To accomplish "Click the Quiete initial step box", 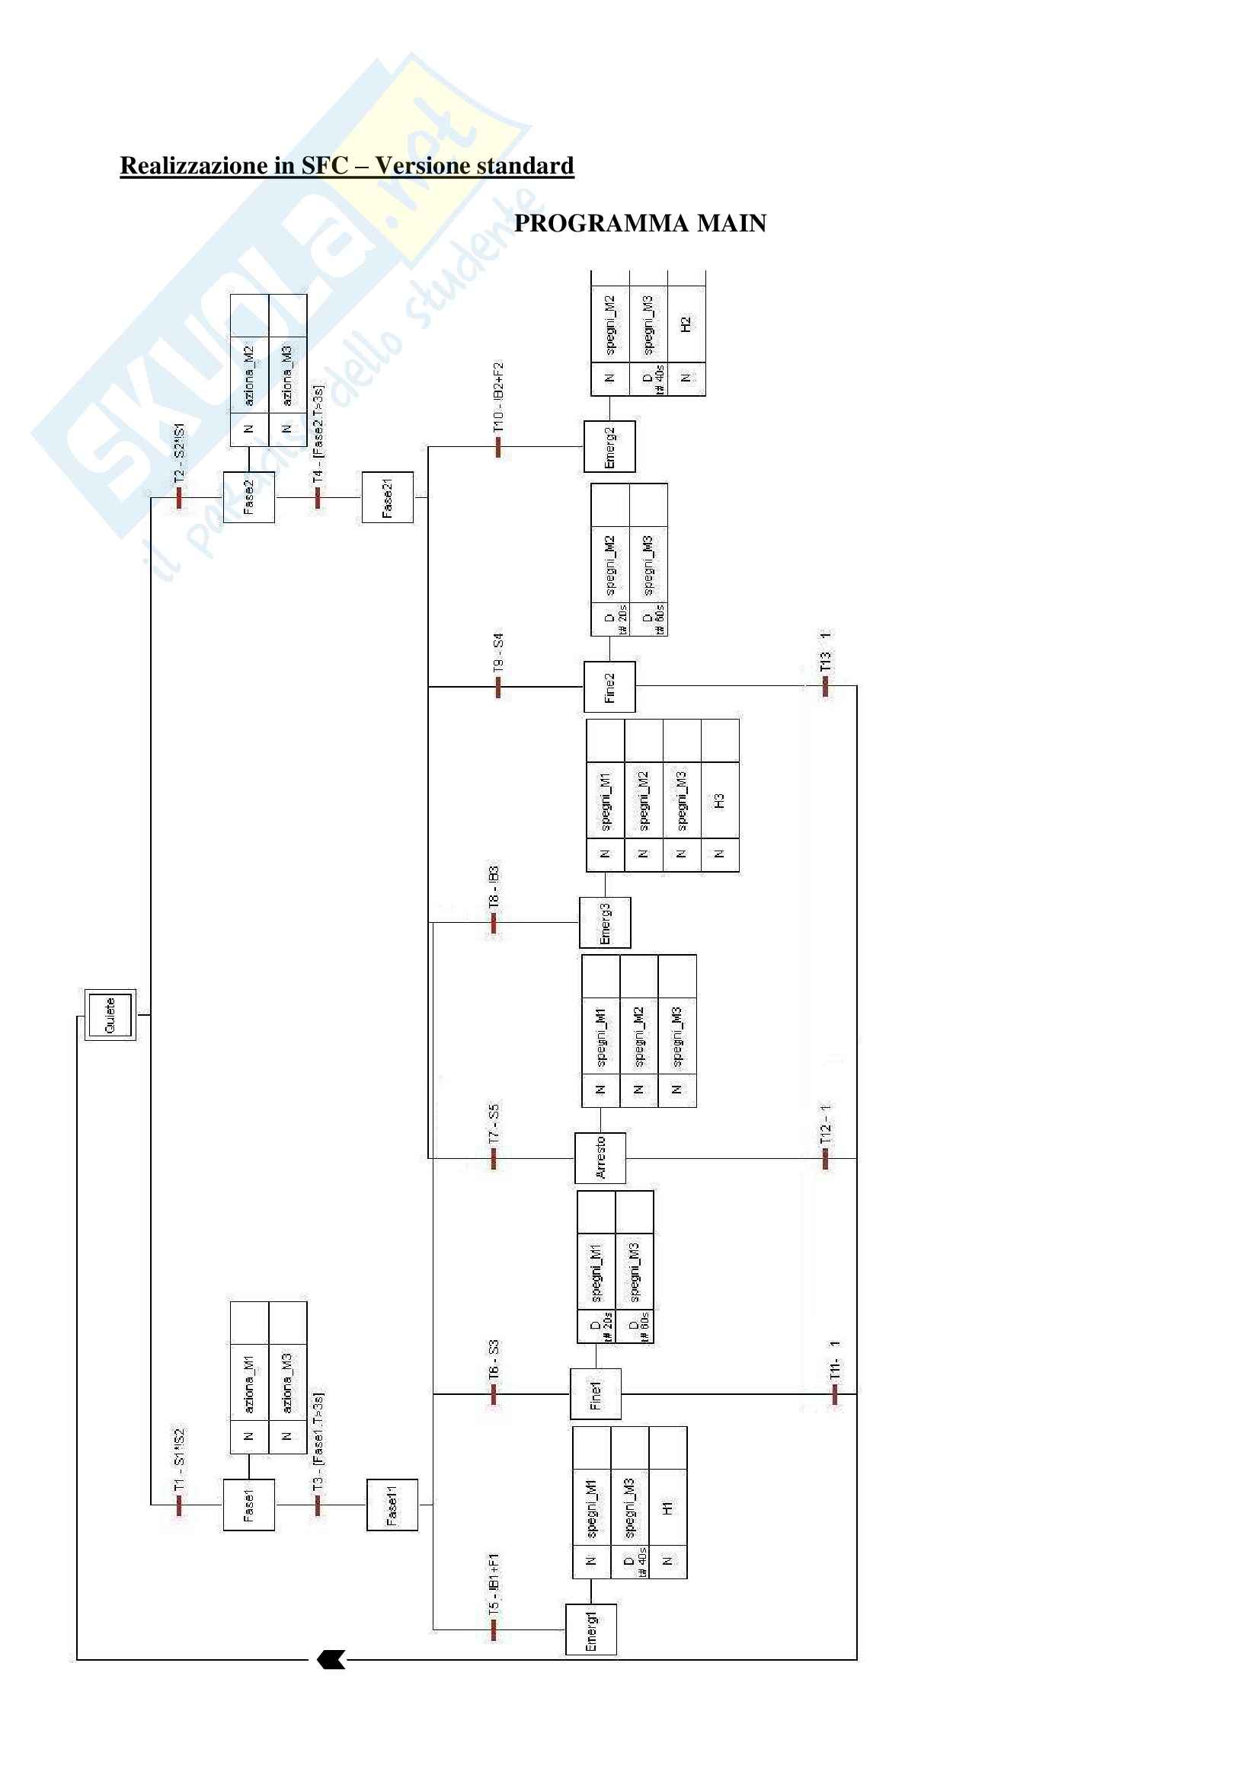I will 110,1014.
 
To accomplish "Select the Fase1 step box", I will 248,1505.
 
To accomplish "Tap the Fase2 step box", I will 248,497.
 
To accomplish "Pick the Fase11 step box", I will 392,1505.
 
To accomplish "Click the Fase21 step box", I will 387,497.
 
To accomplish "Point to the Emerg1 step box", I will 590,1629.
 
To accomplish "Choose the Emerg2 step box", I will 609,447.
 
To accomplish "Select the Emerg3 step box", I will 604,923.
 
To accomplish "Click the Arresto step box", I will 600,1158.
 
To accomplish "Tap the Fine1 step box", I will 595,1394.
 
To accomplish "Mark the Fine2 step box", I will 609,687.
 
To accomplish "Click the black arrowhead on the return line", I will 331,1660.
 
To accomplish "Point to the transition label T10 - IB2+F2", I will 498,397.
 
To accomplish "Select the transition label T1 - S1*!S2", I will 179,1460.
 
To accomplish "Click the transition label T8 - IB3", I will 494,887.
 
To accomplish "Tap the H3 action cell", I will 719,800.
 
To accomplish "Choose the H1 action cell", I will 667,1508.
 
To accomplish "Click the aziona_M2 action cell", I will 249,375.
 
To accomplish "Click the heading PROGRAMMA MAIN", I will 640,223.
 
